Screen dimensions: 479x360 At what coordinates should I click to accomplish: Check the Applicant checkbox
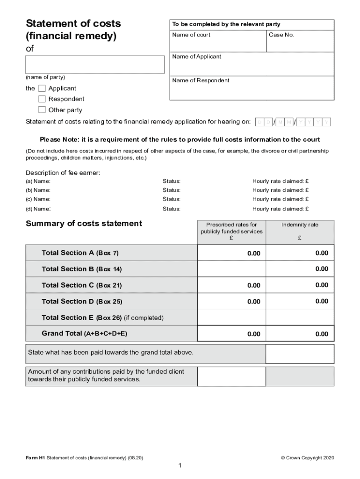(42, 88)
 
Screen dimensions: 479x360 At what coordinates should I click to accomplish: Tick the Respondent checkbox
(42, 99)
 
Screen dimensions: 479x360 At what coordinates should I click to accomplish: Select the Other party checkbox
(42, 110)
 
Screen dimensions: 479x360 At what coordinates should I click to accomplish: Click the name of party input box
(95, 65)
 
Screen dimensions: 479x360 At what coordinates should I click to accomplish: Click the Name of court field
(218, 41)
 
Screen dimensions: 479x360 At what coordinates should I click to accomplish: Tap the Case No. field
(300, 41)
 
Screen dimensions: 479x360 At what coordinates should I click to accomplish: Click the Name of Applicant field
(252, 64)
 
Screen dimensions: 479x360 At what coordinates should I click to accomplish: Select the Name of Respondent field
(252, 88)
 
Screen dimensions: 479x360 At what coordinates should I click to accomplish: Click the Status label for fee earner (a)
(172, 181)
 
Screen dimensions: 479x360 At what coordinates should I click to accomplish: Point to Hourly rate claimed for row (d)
(281, 209)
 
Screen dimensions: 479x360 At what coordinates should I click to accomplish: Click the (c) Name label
(38, 199)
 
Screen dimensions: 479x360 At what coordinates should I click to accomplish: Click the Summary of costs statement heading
(84, 224)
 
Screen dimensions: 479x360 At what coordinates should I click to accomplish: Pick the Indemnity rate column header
(300, 225)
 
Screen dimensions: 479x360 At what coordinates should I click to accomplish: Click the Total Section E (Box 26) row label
(102, 318)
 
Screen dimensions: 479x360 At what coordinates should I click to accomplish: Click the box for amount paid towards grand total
(300, 354)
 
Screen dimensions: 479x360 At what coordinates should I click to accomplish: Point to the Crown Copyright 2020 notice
(307, 458)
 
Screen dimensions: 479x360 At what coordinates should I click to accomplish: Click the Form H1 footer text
(84, 458)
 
